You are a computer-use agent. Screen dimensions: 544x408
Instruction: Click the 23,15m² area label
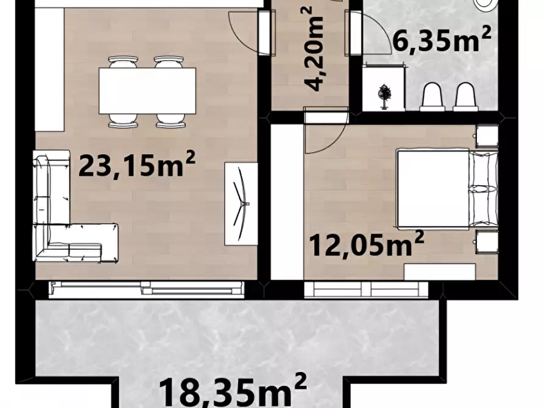pyautogui.click(x=137, y=163)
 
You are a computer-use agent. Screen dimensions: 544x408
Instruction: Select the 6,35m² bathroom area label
pyautogui.click(x=442, y=40)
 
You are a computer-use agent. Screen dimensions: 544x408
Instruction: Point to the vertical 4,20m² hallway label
pyautogui.click(x=313, y=48)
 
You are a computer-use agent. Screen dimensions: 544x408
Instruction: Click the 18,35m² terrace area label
pyautogui.click(x=233, y=390)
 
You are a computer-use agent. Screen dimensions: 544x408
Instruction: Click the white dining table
pyautogui.click(x=147, y=91)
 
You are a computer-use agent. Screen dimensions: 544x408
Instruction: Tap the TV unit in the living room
pyautogui.click(x=241, y=203)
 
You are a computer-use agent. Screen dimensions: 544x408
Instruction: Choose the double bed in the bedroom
pyautogui.click(x=448, y=189)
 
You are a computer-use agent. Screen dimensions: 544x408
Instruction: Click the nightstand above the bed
pyautogui.click(x=487, y=136)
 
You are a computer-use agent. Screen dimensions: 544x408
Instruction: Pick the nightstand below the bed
pyautogui.click(x=487, y=242)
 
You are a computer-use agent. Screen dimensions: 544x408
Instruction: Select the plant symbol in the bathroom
pyautogui.click(x=384, y=96)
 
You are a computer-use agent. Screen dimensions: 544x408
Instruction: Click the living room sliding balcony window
pyautogui.click(x=146, y=289)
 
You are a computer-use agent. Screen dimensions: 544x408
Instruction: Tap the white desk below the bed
pyautogui.click(x=440, y=272)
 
